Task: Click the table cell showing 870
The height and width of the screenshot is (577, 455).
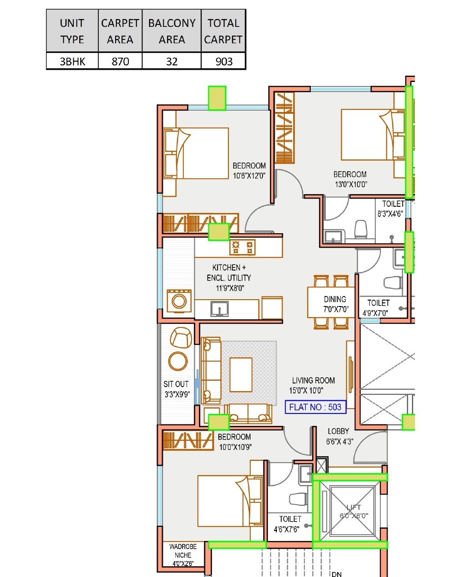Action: [x=120, y=61]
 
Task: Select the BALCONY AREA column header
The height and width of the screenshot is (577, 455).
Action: [x=172, y=31]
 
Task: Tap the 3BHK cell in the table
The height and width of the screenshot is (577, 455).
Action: [x=72, y=61]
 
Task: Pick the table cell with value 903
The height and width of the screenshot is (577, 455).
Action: [x=223, y=61]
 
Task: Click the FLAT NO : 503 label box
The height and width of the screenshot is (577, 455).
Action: [x=315, y=407]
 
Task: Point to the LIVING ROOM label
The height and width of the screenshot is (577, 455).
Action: [x=313, y=380]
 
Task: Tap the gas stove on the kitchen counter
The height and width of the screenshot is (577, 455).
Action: [x=243, y=247]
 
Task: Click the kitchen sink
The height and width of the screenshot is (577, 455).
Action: [x=220, y=309]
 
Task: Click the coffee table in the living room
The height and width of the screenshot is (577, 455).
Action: [x=241, y=374]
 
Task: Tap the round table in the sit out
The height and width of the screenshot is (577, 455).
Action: [x=177, y=361]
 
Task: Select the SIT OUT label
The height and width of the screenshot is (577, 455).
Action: [x=176, y=384]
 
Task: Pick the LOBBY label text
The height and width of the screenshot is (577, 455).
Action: [x=338, y=431]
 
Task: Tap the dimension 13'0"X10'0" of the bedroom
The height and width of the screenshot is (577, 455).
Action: [x=350, y=184]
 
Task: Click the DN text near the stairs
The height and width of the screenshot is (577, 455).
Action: [x=337, y=574]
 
